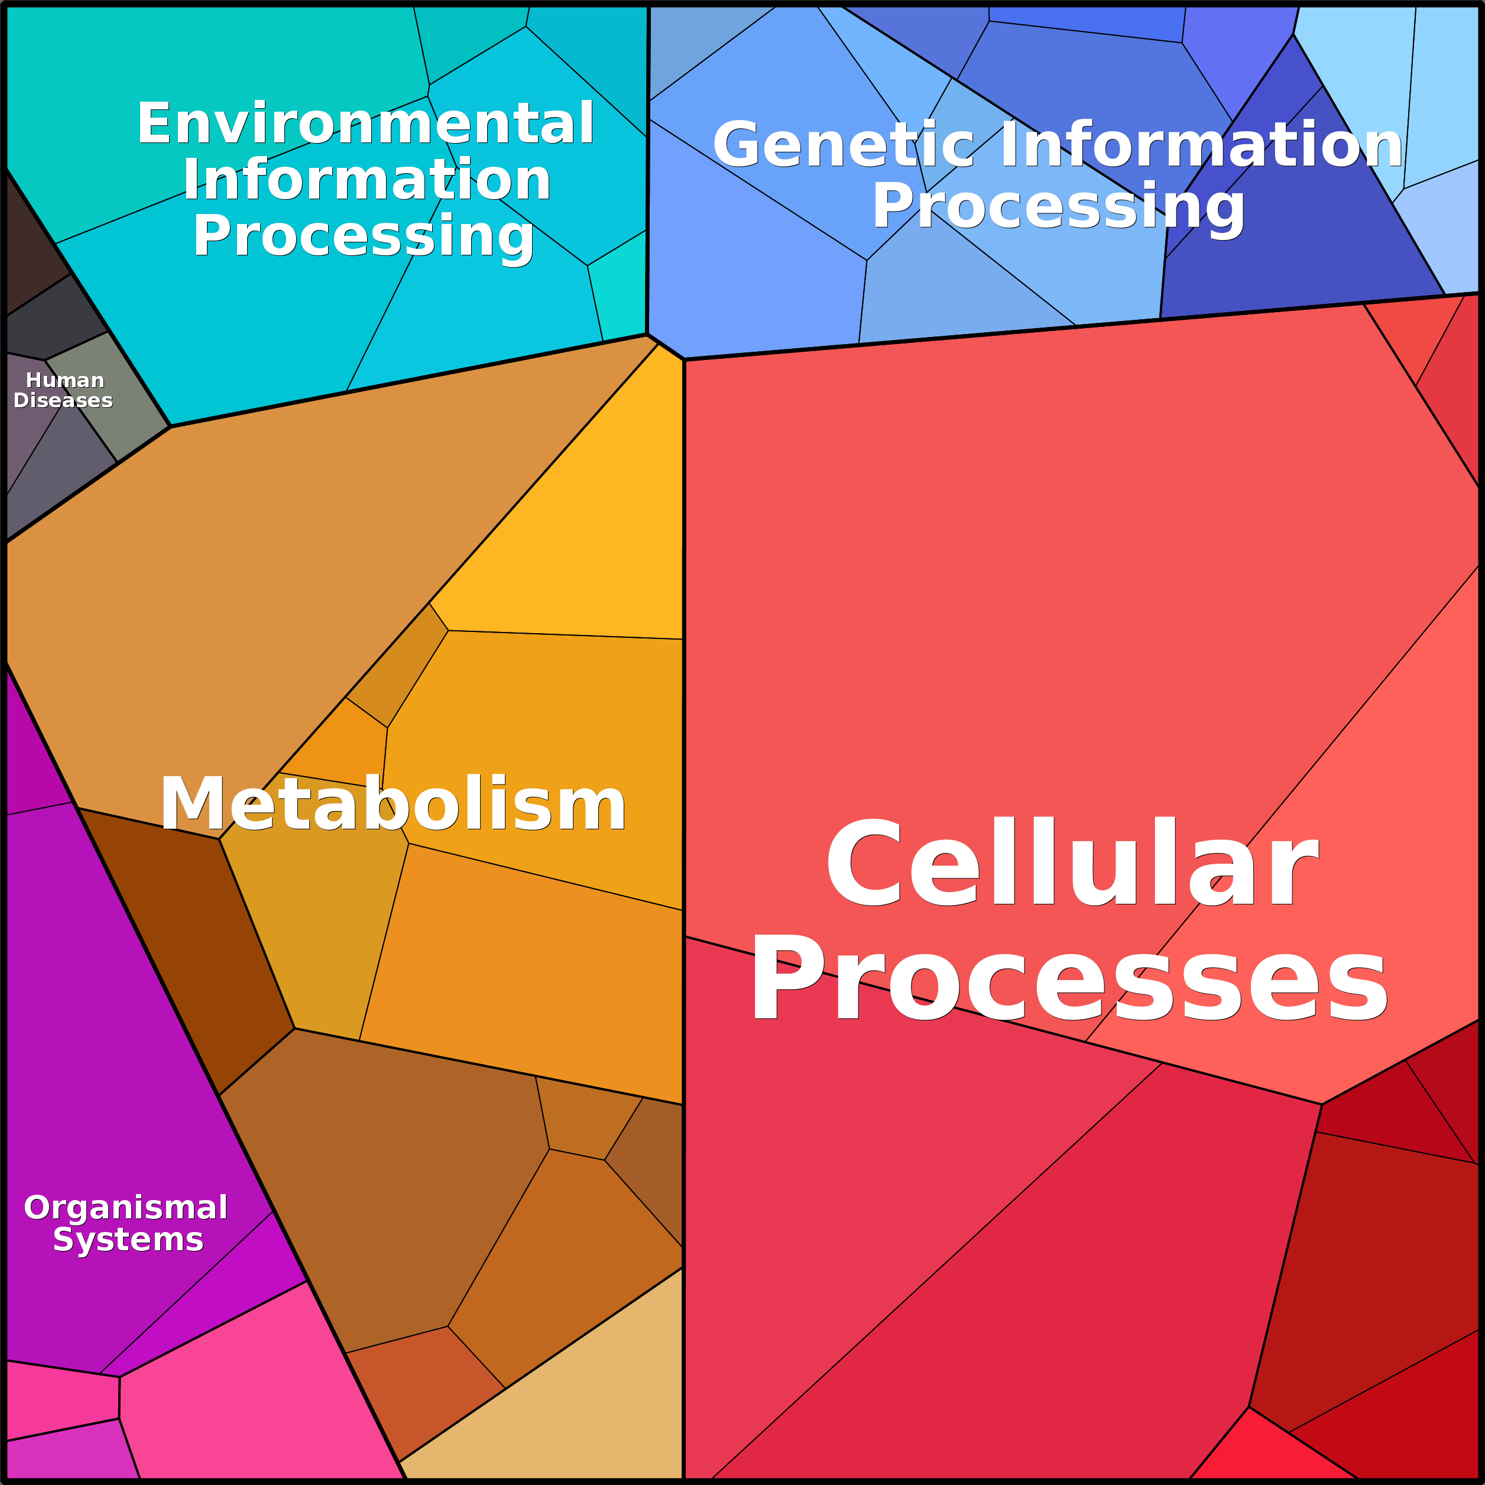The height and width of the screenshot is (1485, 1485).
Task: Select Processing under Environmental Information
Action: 363,236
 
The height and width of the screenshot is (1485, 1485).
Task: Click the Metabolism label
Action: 393,805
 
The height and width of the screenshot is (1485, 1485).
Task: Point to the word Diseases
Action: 63,400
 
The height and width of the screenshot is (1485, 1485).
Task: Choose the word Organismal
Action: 126,1208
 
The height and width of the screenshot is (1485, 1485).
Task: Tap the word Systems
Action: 128,1240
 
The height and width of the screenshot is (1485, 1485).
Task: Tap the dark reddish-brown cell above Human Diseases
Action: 31,246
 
